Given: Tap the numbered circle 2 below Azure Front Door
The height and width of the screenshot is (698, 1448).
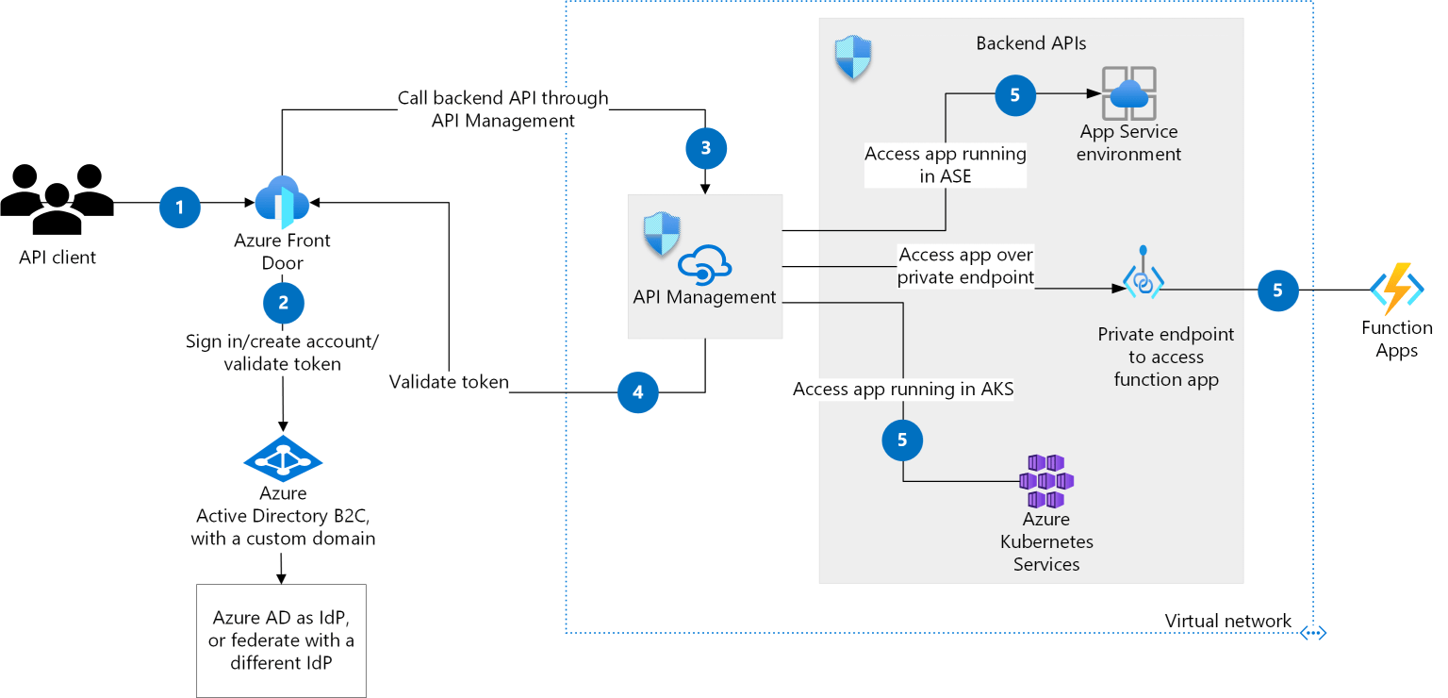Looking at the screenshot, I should click(284, 303).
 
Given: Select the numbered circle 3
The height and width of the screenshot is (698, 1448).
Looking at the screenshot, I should click(706, 147).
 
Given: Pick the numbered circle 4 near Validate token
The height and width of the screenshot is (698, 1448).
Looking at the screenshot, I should click(638, 392).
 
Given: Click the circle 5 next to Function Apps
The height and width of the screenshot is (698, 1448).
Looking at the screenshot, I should click(1277, 291).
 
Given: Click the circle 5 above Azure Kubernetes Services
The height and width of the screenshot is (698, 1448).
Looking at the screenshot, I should click(902, 440).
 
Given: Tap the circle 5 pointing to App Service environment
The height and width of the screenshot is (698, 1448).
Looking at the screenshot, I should click(1014, 94).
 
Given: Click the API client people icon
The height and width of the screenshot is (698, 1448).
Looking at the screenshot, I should click(58, 199).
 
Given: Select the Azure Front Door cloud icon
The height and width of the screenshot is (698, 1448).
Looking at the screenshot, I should click(282, 201).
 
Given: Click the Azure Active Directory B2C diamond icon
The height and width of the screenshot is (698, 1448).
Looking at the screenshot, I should click(283, 459).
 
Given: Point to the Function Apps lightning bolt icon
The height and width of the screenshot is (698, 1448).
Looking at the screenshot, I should click(1396, 289).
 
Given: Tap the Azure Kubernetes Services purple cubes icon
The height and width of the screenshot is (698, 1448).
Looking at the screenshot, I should click(1046, 481).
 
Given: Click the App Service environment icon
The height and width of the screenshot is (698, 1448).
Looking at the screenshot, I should click(1128, 93).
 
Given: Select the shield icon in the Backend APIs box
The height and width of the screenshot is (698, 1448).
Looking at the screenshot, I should click(853, 58).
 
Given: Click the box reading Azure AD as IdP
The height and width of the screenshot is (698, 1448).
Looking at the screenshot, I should click(281, 640).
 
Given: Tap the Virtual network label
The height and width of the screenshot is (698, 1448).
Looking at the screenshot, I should click(1227, 621).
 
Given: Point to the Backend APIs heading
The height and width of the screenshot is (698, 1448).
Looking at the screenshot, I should click(1030, 43).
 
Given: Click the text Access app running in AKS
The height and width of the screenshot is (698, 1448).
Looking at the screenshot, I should click(902, 389).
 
